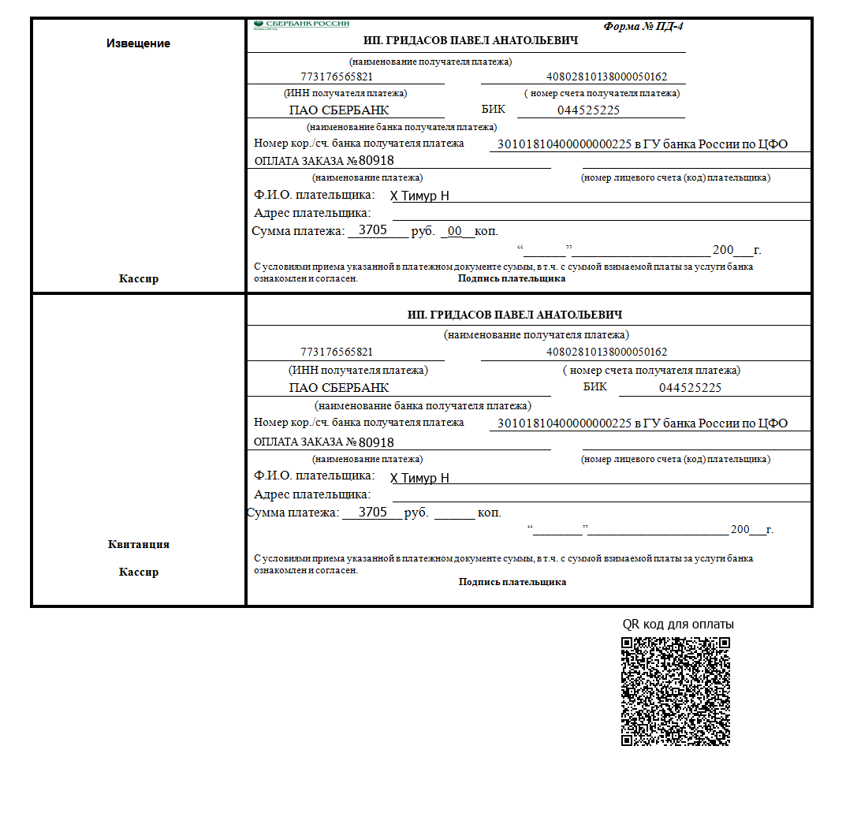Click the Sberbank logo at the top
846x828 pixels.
pos(302,24)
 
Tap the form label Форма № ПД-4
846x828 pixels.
pos(643,26)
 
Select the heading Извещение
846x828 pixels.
pos(138,43)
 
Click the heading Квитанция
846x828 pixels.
pos(138,544)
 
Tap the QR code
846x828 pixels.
pos(675,691)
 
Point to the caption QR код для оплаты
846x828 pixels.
pos(678,624)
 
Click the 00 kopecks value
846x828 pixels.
pos(455,231)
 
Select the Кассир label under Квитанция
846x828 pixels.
pos(138,572)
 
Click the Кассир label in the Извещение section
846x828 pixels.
pos(138,278)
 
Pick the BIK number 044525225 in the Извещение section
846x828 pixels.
pos(588,110)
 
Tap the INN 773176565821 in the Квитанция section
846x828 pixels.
pos(337,352)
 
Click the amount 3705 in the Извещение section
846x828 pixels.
pos(373,230)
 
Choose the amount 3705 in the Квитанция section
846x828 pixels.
pos(373,512)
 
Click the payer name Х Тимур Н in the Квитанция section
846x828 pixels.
pos(419,478)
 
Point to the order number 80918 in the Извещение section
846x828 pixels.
pos(376,161)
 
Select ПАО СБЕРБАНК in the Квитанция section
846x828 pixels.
pos(339,388)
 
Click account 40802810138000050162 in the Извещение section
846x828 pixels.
pos(606,77)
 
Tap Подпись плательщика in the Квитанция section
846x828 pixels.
pos(512,582)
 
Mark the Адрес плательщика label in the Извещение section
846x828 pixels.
pos(312,213)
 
